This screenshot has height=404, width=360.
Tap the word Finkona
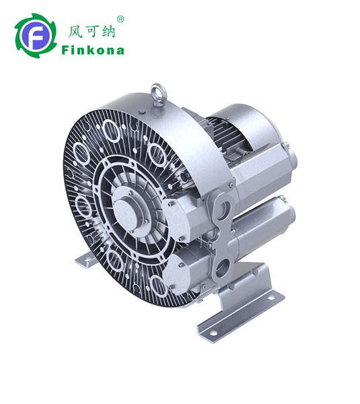(92, 50)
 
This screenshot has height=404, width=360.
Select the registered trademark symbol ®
(120, 20)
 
